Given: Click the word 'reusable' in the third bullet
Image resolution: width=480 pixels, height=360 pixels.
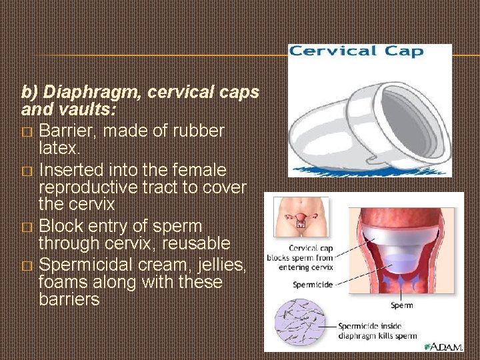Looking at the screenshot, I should tap(197, 243).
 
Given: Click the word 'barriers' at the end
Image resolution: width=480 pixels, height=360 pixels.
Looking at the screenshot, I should tap(69, 300).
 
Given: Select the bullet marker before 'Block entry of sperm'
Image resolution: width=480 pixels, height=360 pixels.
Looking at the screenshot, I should tap(26, 228).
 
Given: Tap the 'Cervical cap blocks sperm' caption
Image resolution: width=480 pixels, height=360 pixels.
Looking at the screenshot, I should tap(300, 257).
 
